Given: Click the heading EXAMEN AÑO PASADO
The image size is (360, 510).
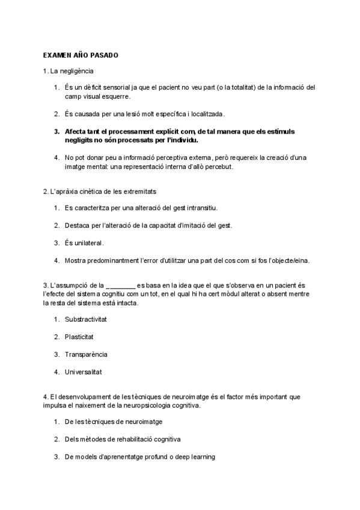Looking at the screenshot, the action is (81, 55).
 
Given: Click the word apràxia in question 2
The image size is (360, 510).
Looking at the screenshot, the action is (73, 191).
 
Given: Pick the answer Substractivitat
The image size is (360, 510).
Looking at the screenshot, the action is (90, 319).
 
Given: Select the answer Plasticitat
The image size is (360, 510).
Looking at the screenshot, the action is (79, 337).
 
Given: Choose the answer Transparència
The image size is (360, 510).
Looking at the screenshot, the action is (86, 354).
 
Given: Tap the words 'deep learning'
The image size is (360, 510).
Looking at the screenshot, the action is (195, 457).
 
